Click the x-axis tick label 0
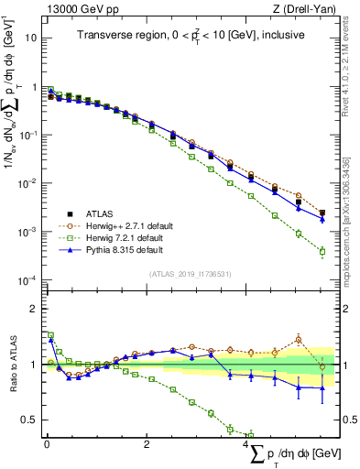point(47,443)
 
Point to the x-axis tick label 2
point(147,443)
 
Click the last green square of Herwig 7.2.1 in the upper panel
point(322,251)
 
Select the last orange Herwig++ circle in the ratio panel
point(322,367)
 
